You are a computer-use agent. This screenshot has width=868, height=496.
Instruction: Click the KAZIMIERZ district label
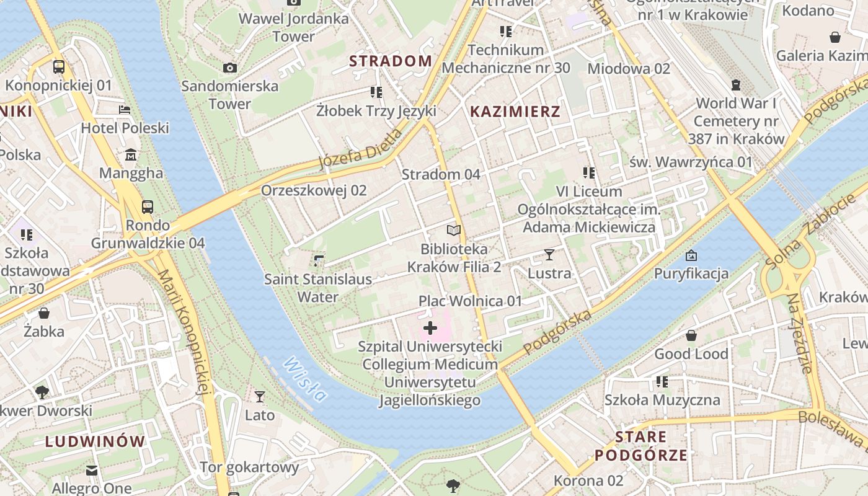[x=515, y=112]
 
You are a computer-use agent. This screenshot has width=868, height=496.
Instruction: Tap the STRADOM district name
[x=391, y=61]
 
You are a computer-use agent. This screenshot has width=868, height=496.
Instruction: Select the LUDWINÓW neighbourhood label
[x=95, y=441]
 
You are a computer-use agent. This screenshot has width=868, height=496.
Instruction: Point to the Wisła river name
[x=304, y=379]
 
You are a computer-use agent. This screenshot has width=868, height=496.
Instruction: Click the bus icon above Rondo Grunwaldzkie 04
[x=148, y=206]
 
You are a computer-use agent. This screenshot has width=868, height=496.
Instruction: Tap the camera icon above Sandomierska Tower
[x=229, y=68]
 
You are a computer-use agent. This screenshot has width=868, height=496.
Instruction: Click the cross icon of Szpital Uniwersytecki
[x=430, y=328]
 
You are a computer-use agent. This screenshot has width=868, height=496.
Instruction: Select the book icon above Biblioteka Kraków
[x=454, y=231]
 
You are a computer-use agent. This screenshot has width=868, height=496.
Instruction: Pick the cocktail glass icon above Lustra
[x=549, y=254]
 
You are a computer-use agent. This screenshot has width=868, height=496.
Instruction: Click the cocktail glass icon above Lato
[x=260, y=396]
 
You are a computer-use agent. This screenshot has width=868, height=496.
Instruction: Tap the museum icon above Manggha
[x=131, y=154]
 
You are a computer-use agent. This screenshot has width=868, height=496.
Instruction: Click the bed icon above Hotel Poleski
[x=125, y=110]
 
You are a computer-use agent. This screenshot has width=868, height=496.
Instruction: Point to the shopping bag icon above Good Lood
[x=691, y=335]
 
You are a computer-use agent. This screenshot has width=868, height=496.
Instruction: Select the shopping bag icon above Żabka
[x=43, y=313]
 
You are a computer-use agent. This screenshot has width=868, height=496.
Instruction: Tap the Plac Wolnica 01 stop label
[x=470, y=301]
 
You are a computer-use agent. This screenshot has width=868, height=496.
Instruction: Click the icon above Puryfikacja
[x=691, y=255]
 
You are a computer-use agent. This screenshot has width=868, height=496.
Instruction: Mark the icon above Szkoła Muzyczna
[x=662, y=382]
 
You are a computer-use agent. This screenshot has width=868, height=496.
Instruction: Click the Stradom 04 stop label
[x=441, y=174]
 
